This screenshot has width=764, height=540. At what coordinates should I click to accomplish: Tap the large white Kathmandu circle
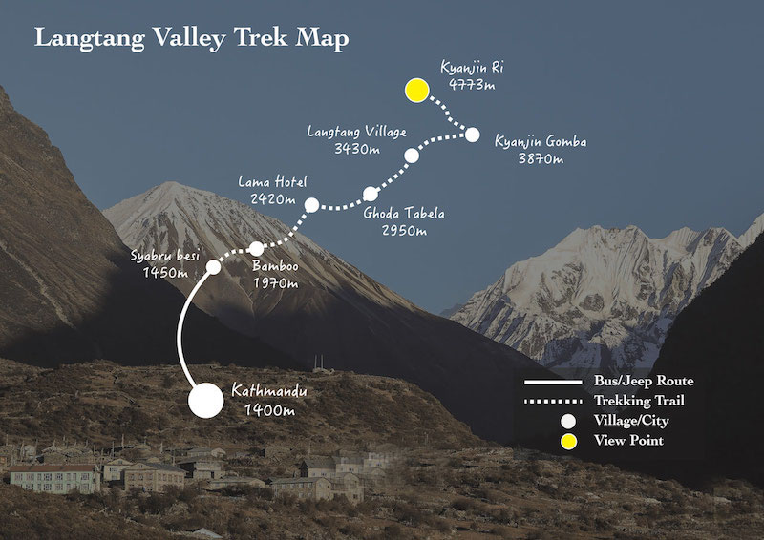coord(205,401)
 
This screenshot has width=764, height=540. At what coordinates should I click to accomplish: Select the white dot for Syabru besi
coord(213,267)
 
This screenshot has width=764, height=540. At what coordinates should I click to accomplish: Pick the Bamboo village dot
coord(256,249)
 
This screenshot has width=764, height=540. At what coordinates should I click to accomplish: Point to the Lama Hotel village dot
coord(311,204)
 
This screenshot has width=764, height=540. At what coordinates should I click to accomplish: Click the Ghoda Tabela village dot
coord(371,194)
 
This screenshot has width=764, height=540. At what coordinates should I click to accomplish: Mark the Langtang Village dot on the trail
coord(412,155)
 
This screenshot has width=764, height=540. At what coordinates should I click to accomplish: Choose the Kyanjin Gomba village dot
coord(471,135)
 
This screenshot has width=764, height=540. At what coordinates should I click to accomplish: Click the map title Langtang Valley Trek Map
coord(192,39)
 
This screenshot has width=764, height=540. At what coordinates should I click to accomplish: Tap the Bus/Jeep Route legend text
coord(643,382)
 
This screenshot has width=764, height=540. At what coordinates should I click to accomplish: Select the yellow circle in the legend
coord(568,441)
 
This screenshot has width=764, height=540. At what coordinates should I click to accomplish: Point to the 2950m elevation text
coord(402,231)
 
